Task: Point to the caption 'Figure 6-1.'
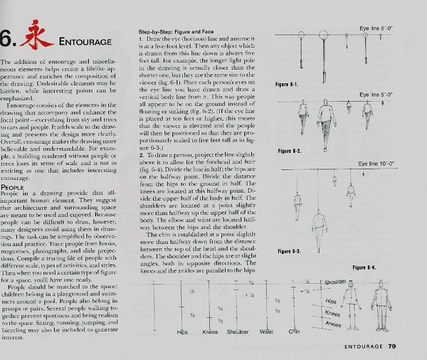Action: tap(287, 85)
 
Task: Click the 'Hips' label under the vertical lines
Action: tap(182, 332)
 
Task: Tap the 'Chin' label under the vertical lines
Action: tap(295, 332)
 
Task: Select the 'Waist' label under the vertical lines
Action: tap(267, 332)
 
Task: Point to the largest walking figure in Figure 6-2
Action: tap(326, 122)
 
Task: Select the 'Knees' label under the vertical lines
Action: tap(209, 332)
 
